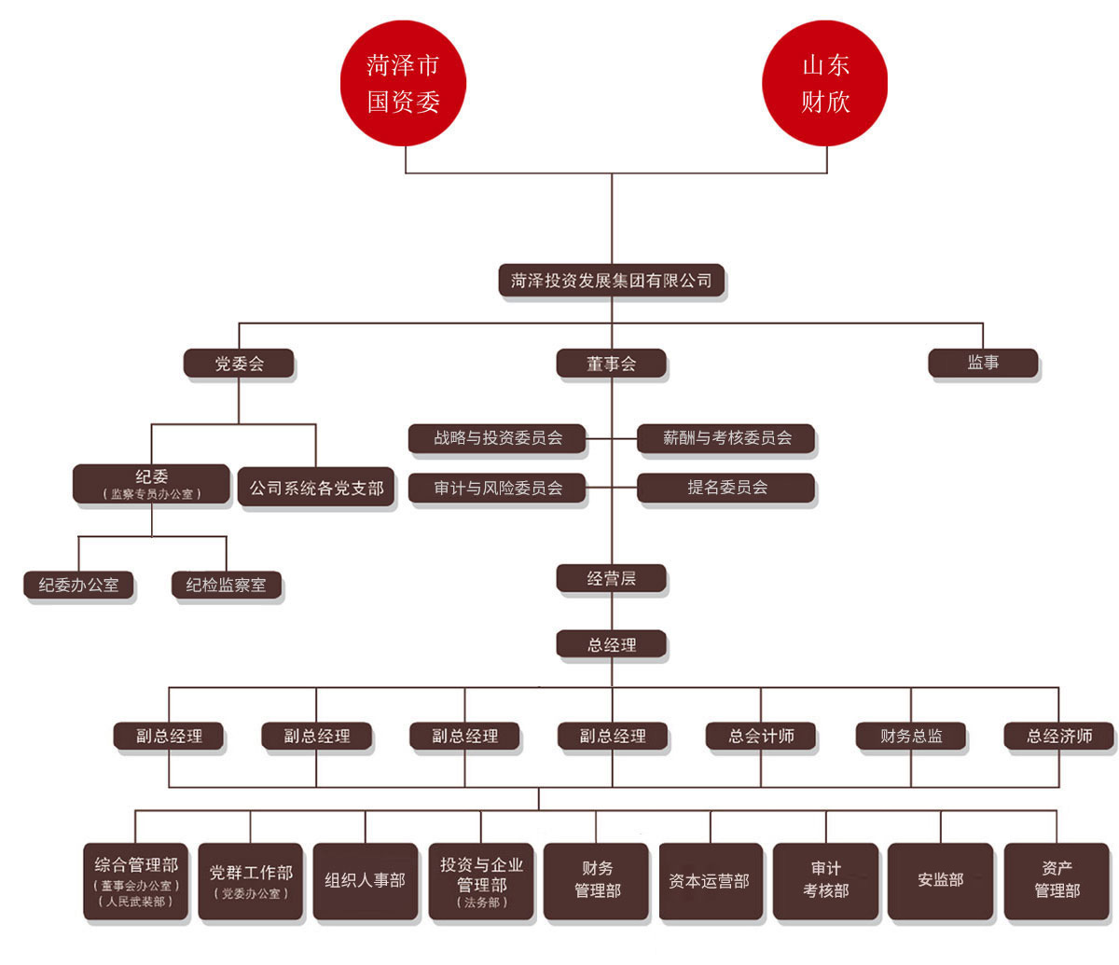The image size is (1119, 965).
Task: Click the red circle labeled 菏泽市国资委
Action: tap(403, 83)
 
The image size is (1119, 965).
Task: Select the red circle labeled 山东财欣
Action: tap(824, 83)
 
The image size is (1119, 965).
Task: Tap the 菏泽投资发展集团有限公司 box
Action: tap(611, 281)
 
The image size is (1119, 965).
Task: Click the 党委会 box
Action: tap(239, 364)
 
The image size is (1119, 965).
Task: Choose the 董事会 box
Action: tap(611, 364)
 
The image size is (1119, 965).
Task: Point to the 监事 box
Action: tap(983, 364)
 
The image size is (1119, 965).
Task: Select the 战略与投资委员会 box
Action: tap(497, 438)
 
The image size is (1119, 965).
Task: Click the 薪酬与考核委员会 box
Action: tap(726, 438)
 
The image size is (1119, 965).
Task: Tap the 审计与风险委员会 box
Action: tap(497, 489)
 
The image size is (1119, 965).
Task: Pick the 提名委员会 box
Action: tap(726, 489)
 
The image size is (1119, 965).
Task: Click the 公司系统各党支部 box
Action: tap(316, 487)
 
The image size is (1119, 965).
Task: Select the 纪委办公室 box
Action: tap(78, 586)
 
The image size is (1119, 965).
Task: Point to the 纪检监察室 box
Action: tap(227, 586)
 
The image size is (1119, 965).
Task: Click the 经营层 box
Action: tap(611, 579)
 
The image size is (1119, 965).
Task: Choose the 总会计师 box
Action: tap(761, 736)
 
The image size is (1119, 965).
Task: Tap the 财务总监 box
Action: tap(910, 736)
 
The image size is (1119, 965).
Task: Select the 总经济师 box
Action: tap(1059, 736)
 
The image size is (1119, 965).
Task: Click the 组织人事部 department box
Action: tap(366, 882)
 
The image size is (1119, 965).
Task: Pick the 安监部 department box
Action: tap(940, 882)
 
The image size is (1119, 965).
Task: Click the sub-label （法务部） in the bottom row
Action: tap(481, 903)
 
